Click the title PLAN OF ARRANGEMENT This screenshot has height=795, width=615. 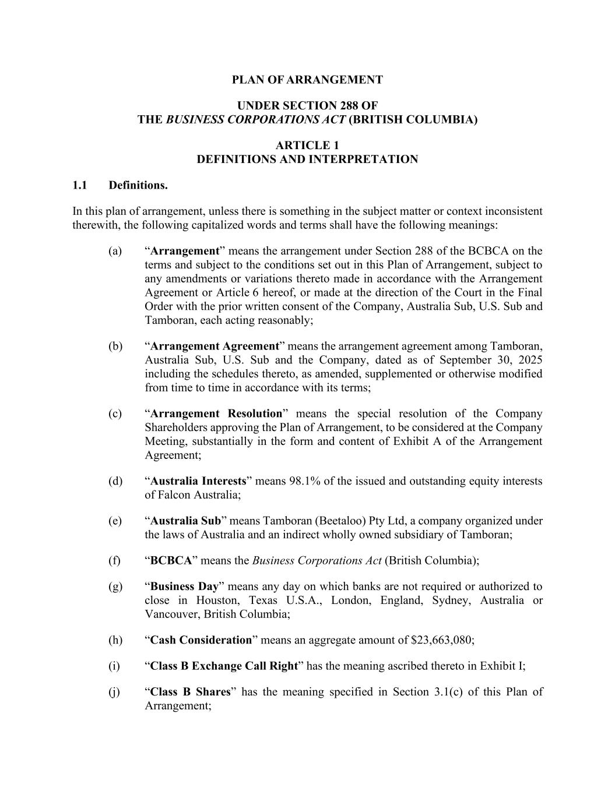point(307,80)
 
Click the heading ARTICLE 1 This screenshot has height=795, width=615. point(307,146)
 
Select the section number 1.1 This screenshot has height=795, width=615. point(80,185)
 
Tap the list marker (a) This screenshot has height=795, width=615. point(115,251)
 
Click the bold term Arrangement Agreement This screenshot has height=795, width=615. point(215,346)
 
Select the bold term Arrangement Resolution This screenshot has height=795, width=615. point(216,414)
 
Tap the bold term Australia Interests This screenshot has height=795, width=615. point(198,481)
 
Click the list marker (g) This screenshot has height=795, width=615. point(115,586)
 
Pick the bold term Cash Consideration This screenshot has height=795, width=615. point(201,640)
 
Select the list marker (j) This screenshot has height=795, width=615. point(115,692)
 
